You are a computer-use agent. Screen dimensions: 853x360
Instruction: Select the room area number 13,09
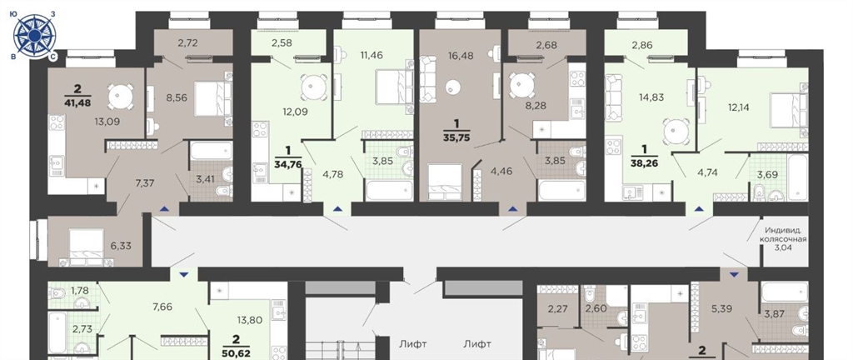107,122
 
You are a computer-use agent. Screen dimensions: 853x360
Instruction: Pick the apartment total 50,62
236,352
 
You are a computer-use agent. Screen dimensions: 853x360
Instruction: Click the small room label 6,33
122,245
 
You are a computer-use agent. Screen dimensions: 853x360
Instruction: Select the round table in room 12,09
314,87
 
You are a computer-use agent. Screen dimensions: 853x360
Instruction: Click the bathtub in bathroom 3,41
211,151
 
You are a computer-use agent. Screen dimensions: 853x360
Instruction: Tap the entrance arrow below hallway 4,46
512,208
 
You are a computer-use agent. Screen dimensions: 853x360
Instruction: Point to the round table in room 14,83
676,131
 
